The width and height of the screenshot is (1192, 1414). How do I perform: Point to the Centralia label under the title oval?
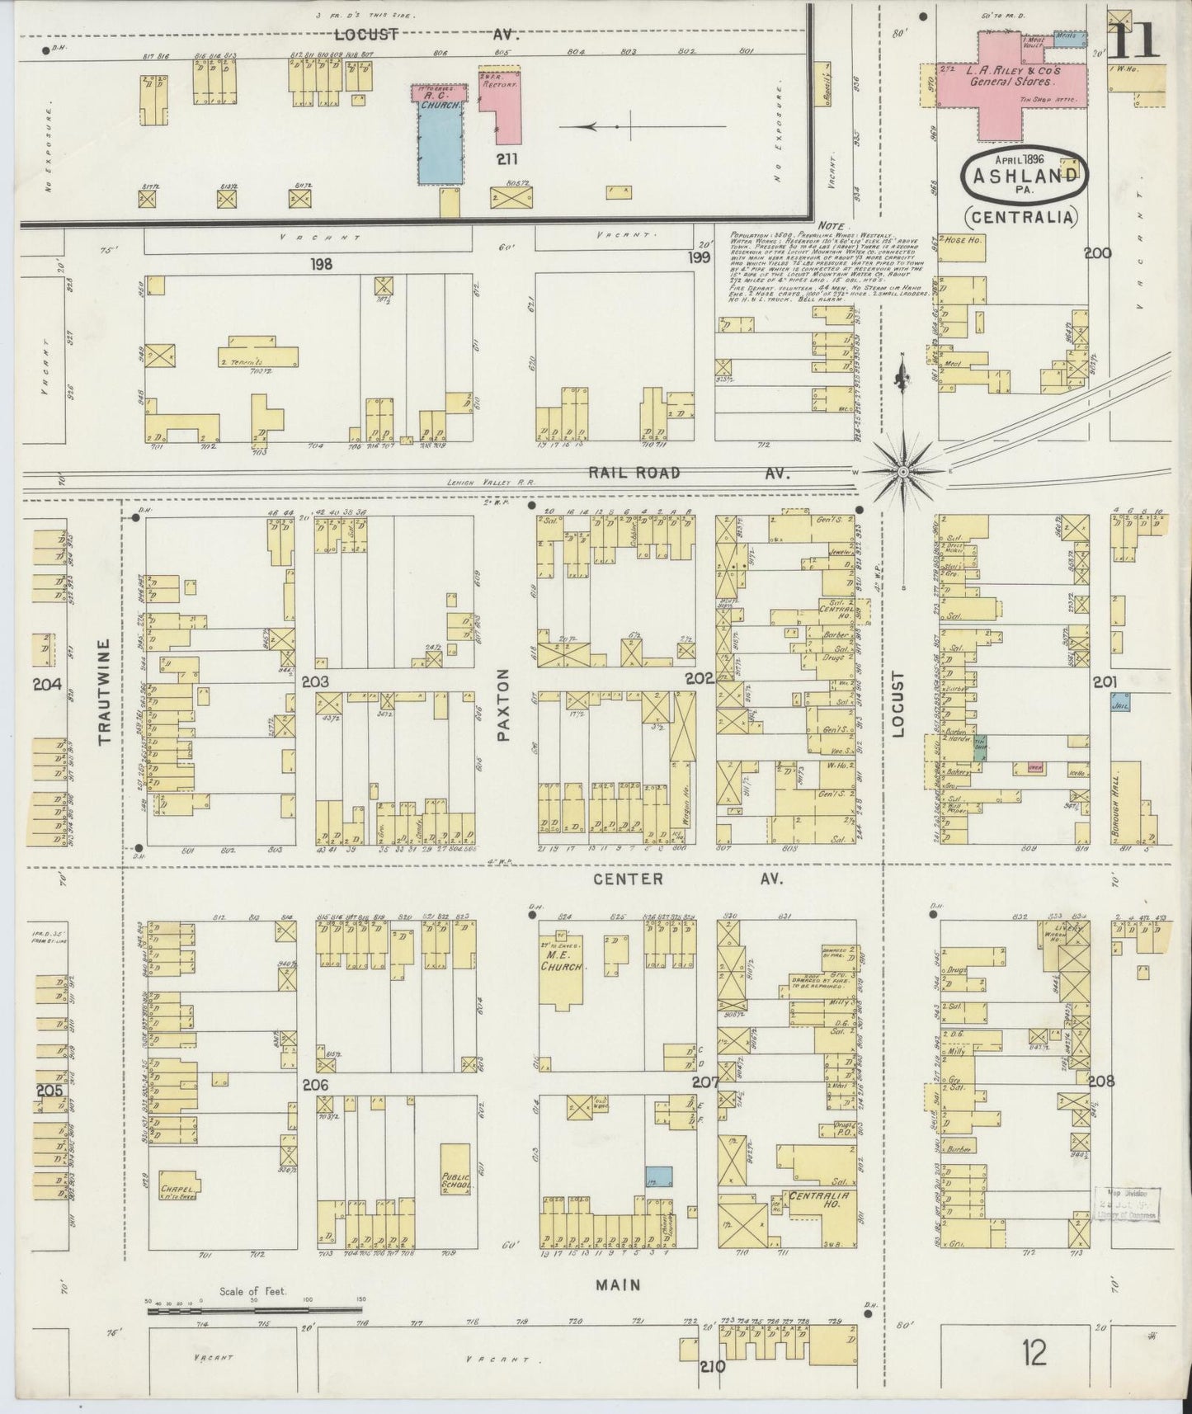(x=1022, y=218)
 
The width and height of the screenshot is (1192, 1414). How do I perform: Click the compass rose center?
(x=903, y=471)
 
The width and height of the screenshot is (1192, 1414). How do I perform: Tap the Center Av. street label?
(x=629, y=879)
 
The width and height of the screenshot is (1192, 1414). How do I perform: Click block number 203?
(x=315, y=681)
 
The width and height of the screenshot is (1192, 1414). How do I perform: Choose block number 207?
(x=706, y=1082)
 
